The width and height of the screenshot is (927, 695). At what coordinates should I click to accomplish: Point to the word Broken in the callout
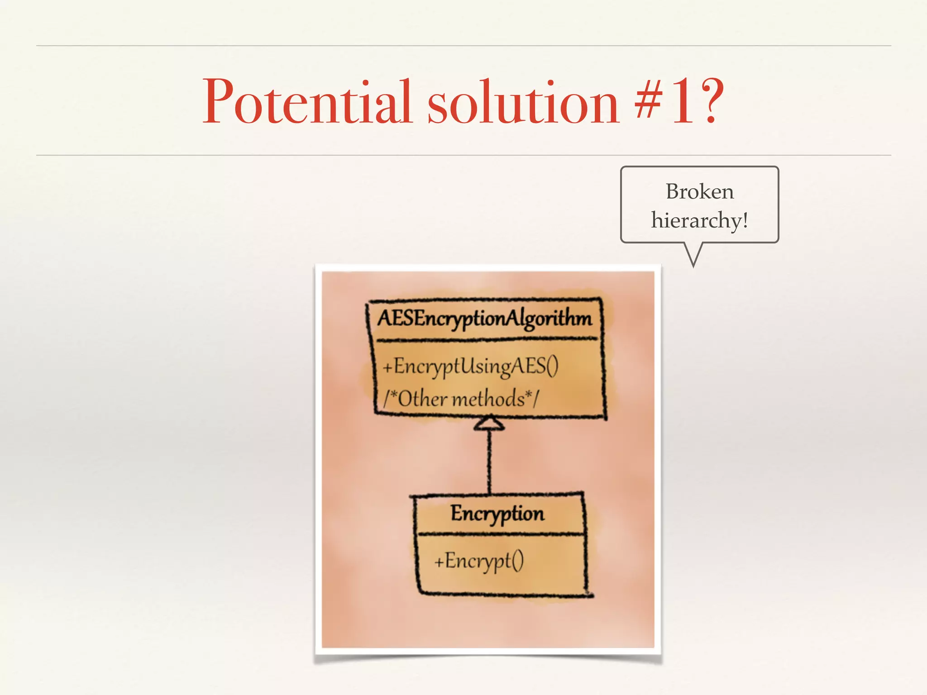(699, 192)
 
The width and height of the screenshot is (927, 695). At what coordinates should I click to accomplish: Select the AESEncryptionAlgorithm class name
(484, 319)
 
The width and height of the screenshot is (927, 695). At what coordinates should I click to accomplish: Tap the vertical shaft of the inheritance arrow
(489, 462)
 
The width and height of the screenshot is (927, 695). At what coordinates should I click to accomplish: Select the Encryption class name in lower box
(497, 514)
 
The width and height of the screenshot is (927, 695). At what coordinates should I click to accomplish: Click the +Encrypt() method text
(479, 561)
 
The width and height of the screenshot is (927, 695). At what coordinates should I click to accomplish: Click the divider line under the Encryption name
(500, 534)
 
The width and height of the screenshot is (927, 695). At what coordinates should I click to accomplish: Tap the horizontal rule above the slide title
(463, 46)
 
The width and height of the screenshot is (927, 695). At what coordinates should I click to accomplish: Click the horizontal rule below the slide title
(463, 155)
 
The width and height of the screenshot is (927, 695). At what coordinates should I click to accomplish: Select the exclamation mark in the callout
(745, 221)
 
